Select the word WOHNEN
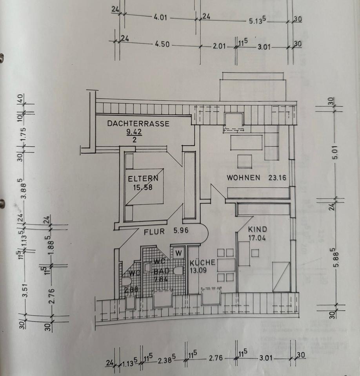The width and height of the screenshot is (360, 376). coord(243,177)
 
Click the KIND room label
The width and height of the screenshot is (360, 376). coord(257,230)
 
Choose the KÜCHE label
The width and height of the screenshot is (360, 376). coord(202,262)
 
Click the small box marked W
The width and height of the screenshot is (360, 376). coord(179,253)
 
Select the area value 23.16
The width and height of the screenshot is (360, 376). coord(277,177)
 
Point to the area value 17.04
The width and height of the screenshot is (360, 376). coord(257,237)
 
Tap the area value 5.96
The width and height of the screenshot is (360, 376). coord(181,231)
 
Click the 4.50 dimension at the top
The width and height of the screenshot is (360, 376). coord(162,44)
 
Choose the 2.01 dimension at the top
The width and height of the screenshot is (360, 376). coord(220,46)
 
